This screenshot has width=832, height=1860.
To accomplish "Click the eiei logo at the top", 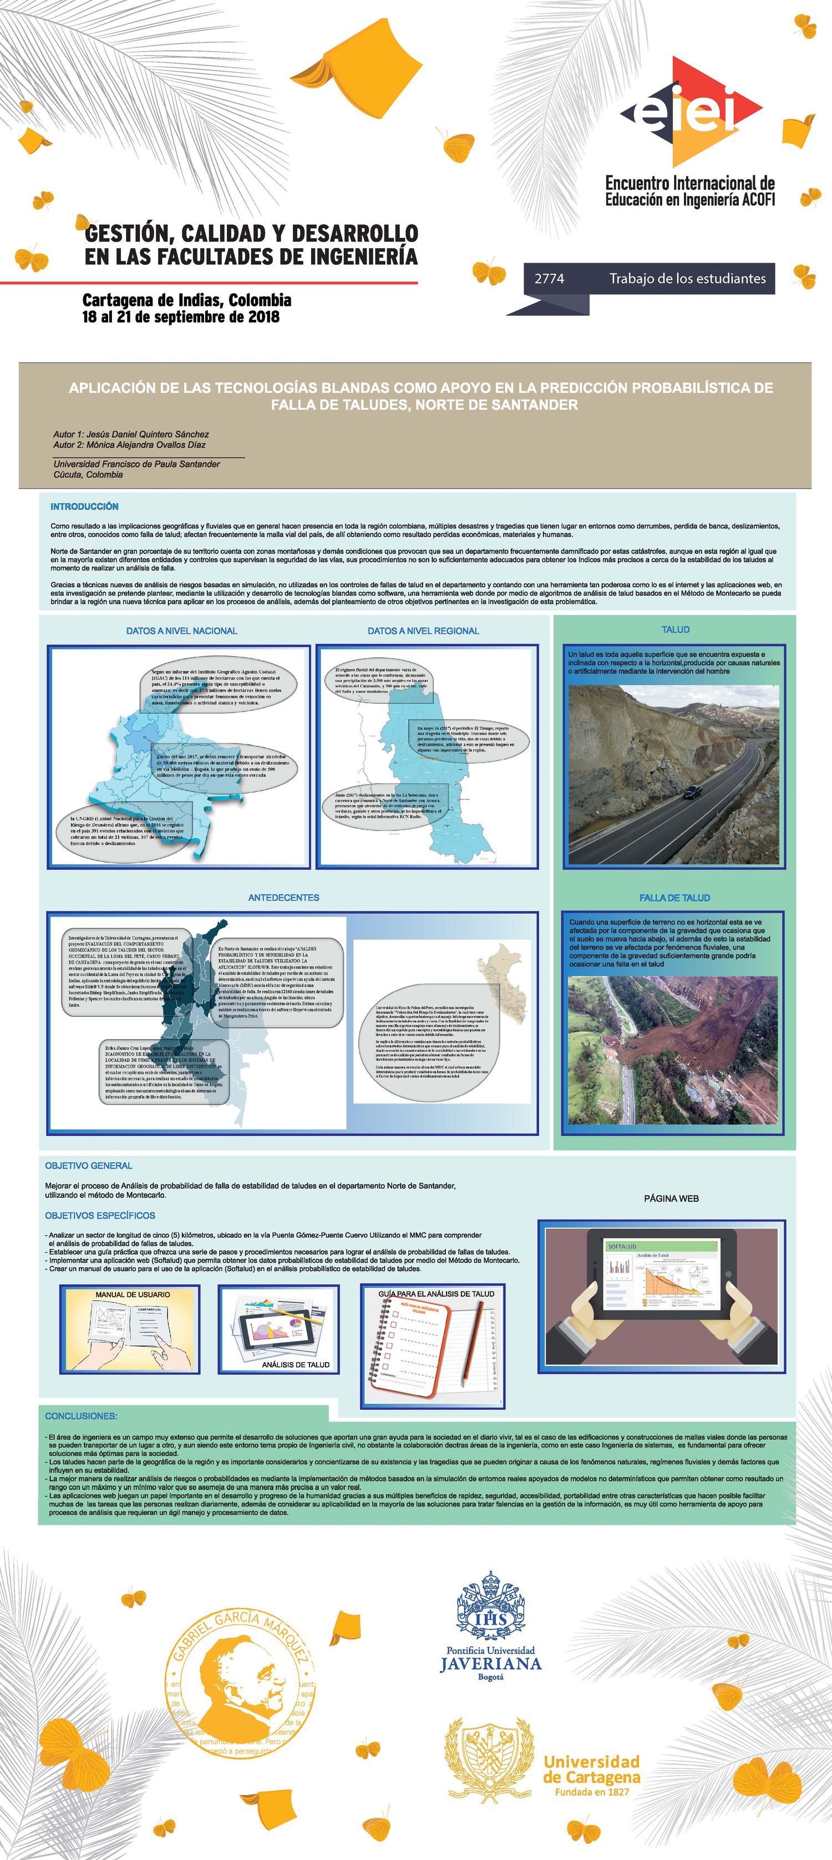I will click(x=691, y=112).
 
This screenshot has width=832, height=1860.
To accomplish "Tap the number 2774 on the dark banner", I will click(x=549, y=279).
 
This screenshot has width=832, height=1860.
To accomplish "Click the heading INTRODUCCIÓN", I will click(x=84, y=507).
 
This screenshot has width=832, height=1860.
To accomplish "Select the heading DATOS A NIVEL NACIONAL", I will click(x=182, y=631).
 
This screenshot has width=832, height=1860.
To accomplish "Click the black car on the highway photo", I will click(x=692, y=792).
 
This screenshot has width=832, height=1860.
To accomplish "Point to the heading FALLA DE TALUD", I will click(x=674, y=898).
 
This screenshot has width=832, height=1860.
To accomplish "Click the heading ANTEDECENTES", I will click(x=283, y=898).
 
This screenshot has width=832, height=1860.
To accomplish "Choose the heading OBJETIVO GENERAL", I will click(x=89, y=1166).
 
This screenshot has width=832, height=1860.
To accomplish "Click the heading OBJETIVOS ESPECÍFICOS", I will click(x=100, y=1215).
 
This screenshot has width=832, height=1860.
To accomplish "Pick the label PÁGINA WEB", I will click(x=671, y=1198).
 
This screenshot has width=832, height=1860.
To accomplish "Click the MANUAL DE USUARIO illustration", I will click(x=130, y=1330).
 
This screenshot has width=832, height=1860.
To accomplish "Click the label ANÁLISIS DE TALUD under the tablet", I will click(x=296, y=1365).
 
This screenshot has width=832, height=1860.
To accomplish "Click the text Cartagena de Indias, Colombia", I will click(x=187, y=300).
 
